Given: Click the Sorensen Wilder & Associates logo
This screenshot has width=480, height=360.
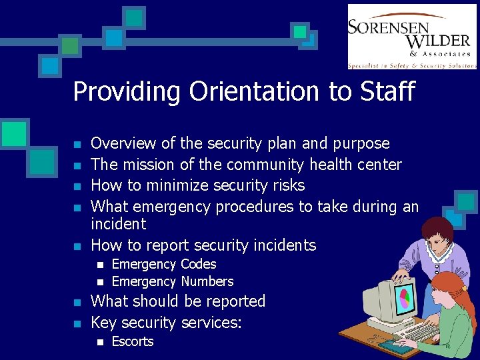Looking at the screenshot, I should (x=411, y=36).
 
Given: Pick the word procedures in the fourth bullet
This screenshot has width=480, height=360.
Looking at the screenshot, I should (x=254, y=207).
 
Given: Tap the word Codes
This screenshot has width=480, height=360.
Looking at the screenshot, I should (x=199, y=264).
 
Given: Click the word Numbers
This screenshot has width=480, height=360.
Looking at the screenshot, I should (x=207, y=281).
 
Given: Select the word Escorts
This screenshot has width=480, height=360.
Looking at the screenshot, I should (x=132, y=341).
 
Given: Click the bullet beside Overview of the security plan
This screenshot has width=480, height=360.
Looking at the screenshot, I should (x=78, y=145).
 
